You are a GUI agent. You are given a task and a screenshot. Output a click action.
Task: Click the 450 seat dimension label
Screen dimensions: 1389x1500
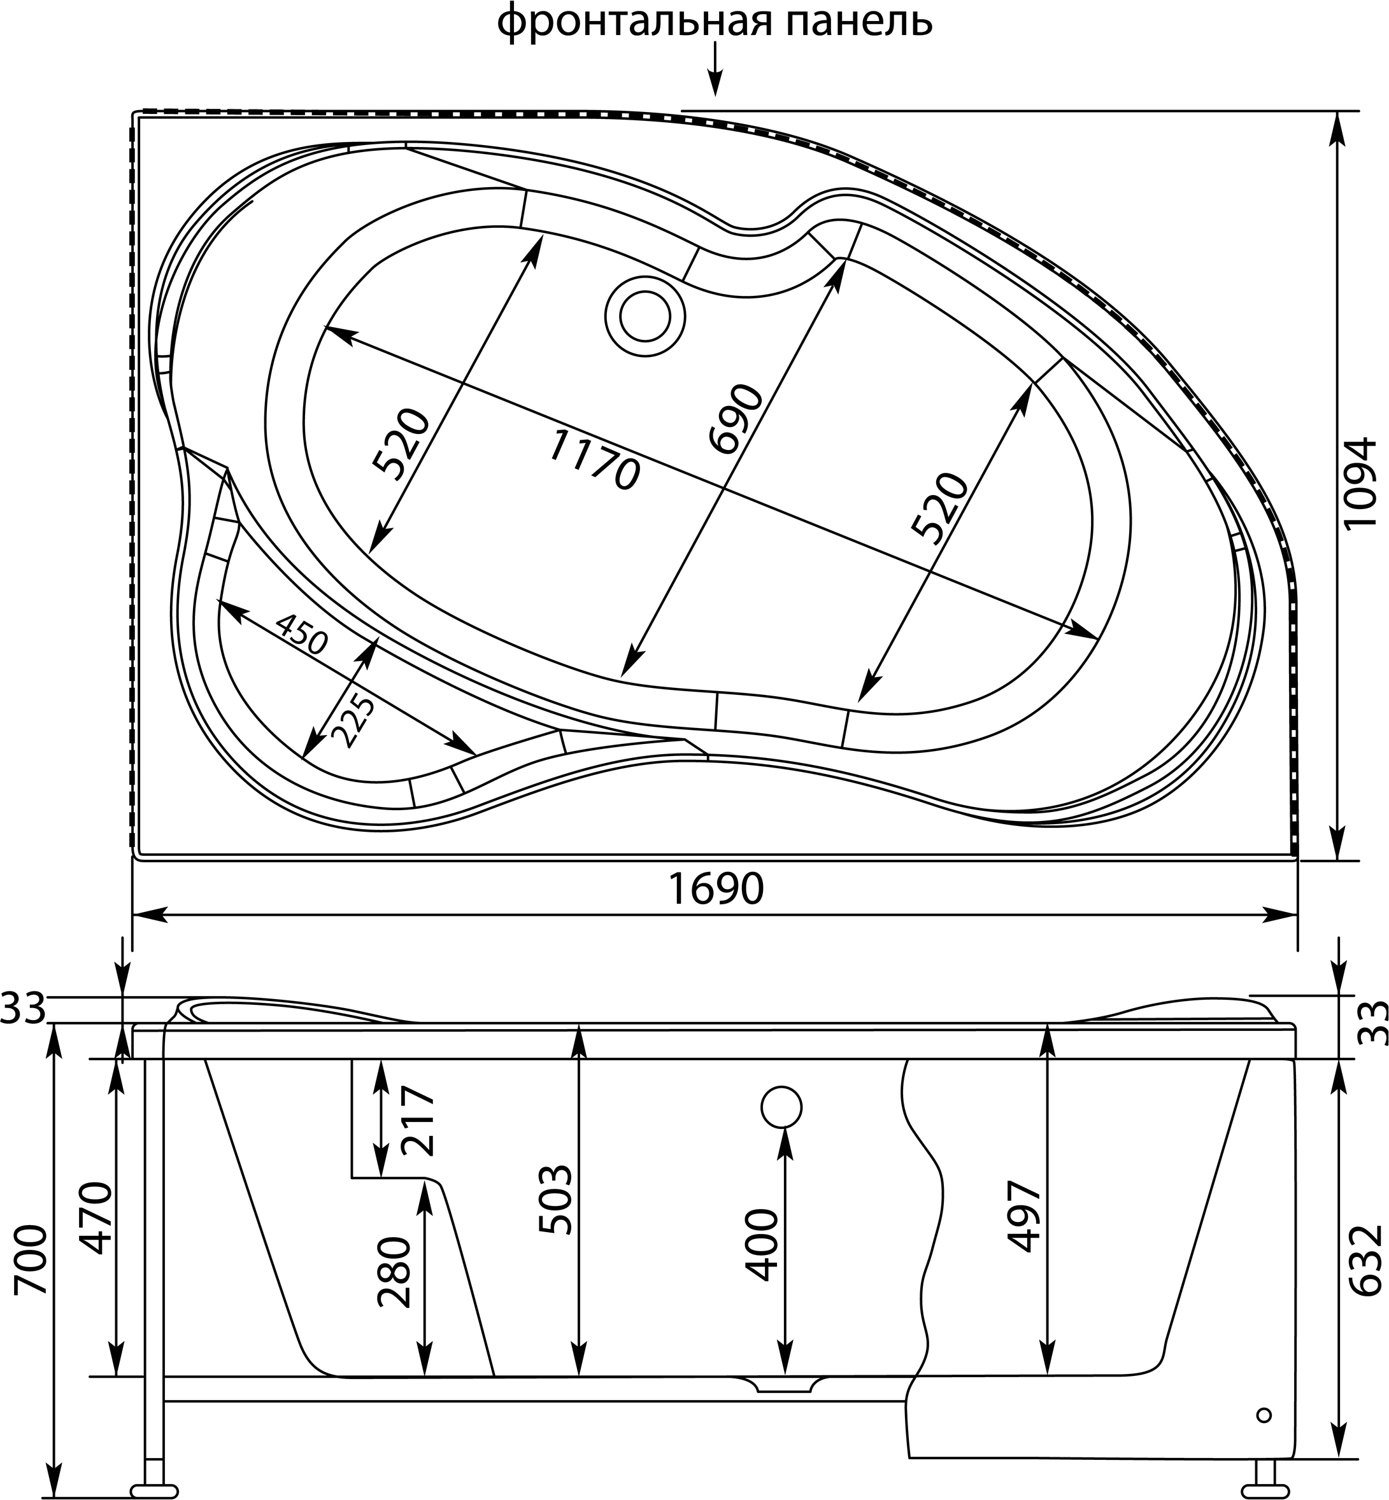(301, 633)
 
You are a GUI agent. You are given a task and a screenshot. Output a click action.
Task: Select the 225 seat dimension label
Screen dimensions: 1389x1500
(355, 720)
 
